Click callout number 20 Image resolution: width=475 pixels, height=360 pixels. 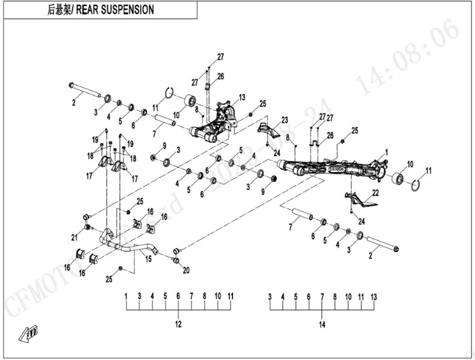coord(186,270)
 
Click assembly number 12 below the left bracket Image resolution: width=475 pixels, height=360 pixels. coord(178,324)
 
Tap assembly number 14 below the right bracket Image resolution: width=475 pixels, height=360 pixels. coord(322,325)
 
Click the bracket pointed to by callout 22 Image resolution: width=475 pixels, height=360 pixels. coord(359,199)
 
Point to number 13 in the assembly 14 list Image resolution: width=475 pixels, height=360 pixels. coord(374,297)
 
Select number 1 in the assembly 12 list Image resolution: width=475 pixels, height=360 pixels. coord(126,296)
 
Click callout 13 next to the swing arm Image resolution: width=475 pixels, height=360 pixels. coord(242,97)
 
